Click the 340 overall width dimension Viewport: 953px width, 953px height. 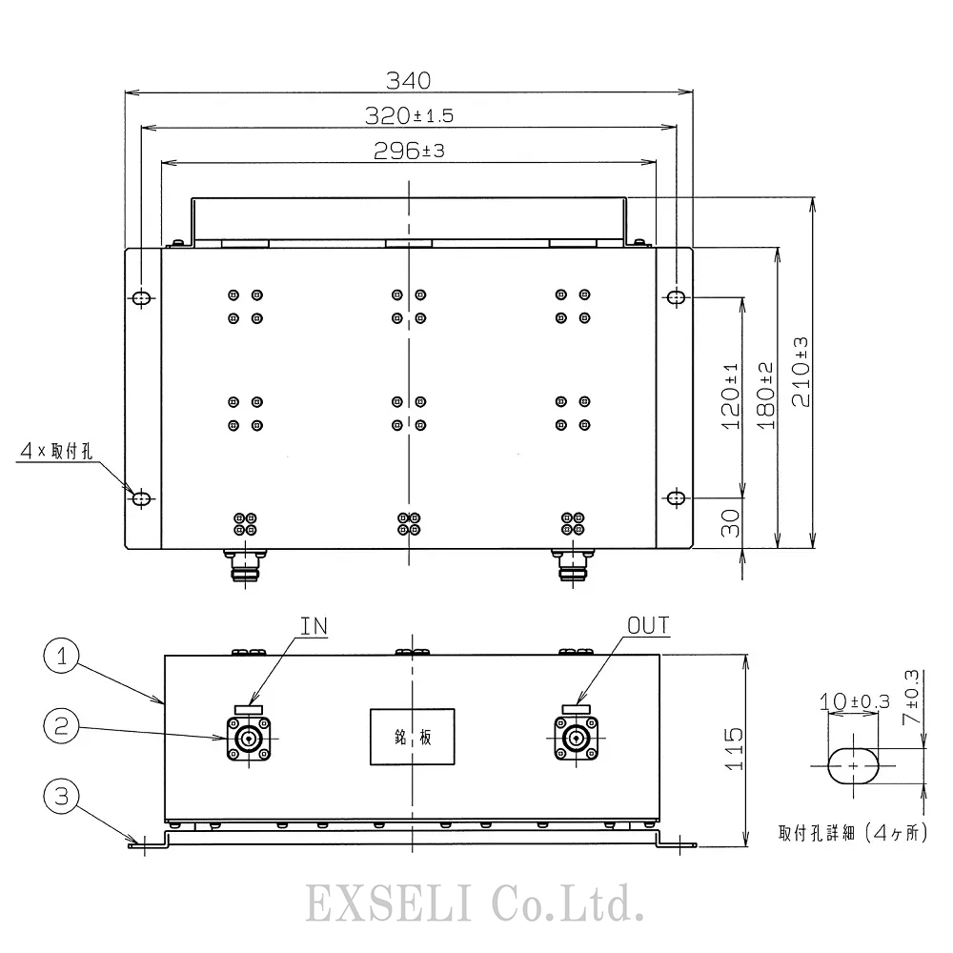pyautogui.click(x=410, y=78)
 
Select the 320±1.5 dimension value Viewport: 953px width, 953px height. pyautogui.click(x=410, y=116)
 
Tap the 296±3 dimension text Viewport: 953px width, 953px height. pyautogui.click(x=410, y=151)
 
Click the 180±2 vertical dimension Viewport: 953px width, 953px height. pyautogui.click(x=766, y=393)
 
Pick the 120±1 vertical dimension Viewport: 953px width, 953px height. pyautogui.click(x=731, y=396)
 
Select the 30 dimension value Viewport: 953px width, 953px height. pyautogui.click(x=731, y=524)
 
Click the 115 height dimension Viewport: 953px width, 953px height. pyautogui.click(x=733, y=750)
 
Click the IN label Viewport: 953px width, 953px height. pyautogui.click(x=314, y=626)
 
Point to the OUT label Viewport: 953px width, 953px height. pyautogui.click(x=648, y=626)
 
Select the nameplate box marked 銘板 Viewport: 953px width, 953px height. pyautogui.click(x=412, y=737)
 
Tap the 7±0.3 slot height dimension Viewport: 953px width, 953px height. pyautogui.click(x=911, y=698)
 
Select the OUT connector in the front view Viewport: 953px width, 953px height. pyautogui.click(x=577, y=739)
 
